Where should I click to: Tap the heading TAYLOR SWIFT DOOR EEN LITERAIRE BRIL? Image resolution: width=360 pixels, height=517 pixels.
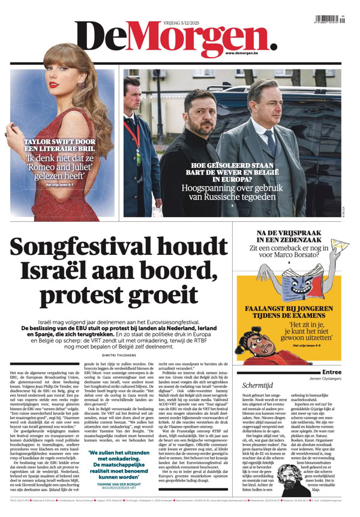click(61, 146)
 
